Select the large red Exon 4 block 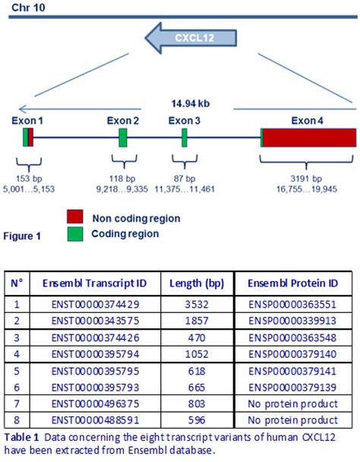coord(309,138)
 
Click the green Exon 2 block coord(123,138)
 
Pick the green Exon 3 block coord(185,138)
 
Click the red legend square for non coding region coord(74,217)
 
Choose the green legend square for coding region coord(74,233)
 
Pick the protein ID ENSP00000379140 coord(291,355)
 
